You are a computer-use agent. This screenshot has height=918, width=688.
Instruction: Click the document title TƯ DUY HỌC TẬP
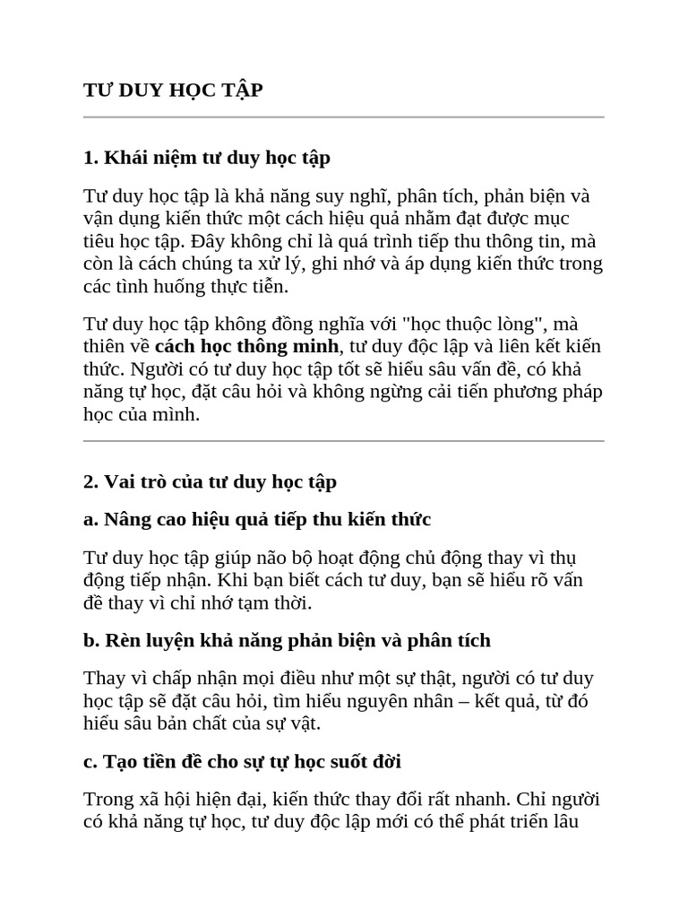coord(173,91)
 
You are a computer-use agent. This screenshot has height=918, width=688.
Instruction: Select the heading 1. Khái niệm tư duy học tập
coord(207,158)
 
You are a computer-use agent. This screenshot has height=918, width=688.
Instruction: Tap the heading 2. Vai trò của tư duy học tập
coord(210,481)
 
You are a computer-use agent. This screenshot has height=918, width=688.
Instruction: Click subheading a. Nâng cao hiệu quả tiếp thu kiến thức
coord(257,519)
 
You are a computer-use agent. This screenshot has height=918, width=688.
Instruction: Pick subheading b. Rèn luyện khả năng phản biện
coord(287,640)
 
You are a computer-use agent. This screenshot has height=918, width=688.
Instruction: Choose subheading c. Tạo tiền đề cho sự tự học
coord(242,761)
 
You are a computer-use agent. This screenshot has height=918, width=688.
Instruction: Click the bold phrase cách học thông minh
coord(247,346)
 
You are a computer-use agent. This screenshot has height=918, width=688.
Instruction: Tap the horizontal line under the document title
coord(344,117)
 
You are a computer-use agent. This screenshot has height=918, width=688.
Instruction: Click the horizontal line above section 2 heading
coord(344,441)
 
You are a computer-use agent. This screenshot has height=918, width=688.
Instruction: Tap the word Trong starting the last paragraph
coord(107,799)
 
